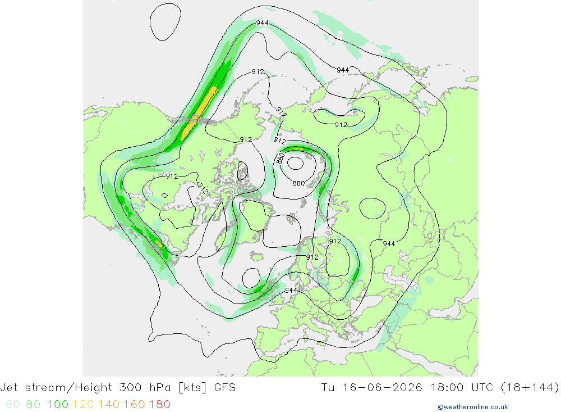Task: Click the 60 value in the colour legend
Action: click(13, 404)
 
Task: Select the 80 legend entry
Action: click(33, 404)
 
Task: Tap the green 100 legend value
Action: click(58, 404)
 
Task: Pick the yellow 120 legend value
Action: click(83, 404)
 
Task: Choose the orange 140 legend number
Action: click(109, 404)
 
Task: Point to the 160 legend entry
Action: click(134, 404)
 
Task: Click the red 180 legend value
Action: click(159, 404)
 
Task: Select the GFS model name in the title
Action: click(225, 388)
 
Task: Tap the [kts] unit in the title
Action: click(192, 388)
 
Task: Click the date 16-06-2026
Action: click(383, 388)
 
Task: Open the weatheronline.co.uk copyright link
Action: click(472, 407)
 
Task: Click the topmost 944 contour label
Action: click(262, 23)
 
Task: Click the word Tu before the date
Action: click(328, 388)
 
